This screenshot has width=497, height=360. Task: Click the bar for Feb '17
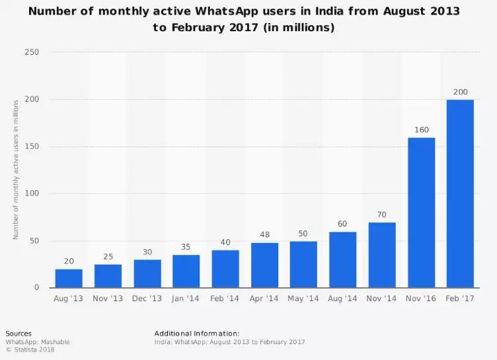pyautogui.click(x=460, y=194)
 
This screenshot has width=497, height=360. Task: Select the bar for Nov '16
pyautogui.click(x=421, y=213)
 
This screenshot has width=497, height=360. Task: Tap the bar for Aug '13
pyautogui.click(x=69, y=278)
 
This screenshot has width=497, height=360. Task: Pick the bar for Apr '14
pyautogui.click(x=264, y=265)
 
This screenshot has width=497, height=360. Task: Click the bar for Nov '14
pyautogui.click(x=382, y=255)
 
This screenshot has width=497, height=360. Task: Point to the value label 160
pyautogui.click(x=421, y=129)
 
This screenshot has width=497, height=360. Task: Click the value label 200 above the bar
pyautogui.click(x=460, y=92)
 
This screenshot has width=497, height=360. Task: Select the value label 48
pyautogui.click(x=264, y=234)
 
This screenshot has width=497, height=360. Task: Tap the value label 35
pyautogui.click(x=186, y=247)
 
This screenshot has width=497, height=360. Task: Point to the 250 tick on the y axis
pyautogui.click(x=31, y=52)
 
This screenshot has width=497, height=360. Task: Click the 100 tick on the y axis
pyautogui.click(x=31, y=194)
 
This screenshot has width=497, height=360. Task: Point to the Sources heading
pyautogui.click(x=19, y=334)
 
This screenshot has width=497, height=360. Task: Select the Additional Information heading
pyautogui.click(x=197, y=334)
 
